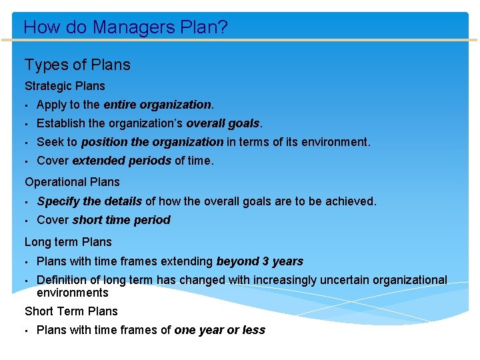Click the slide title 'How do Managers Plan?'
point(125,27)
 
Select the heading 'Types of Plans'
point(77,65)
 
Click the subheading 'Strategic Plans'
point(65,86)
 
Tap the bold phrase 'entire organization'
point(157,105)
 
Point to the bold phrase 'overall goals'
point(223,123)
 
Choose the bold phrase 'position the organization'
point(152,142)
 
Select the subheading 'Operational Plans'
point(72,182)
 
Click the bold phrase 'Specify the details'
point(89,201)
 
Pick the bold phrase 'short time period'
point(121,220)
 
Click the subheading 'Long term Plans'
point(68,242)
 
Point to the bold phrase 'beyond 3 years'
point(259,261)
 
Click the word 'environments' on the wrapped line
point(72,293)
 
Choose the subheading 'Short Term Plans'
point(71,311)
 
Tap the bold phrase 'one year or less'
point(219,330)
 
